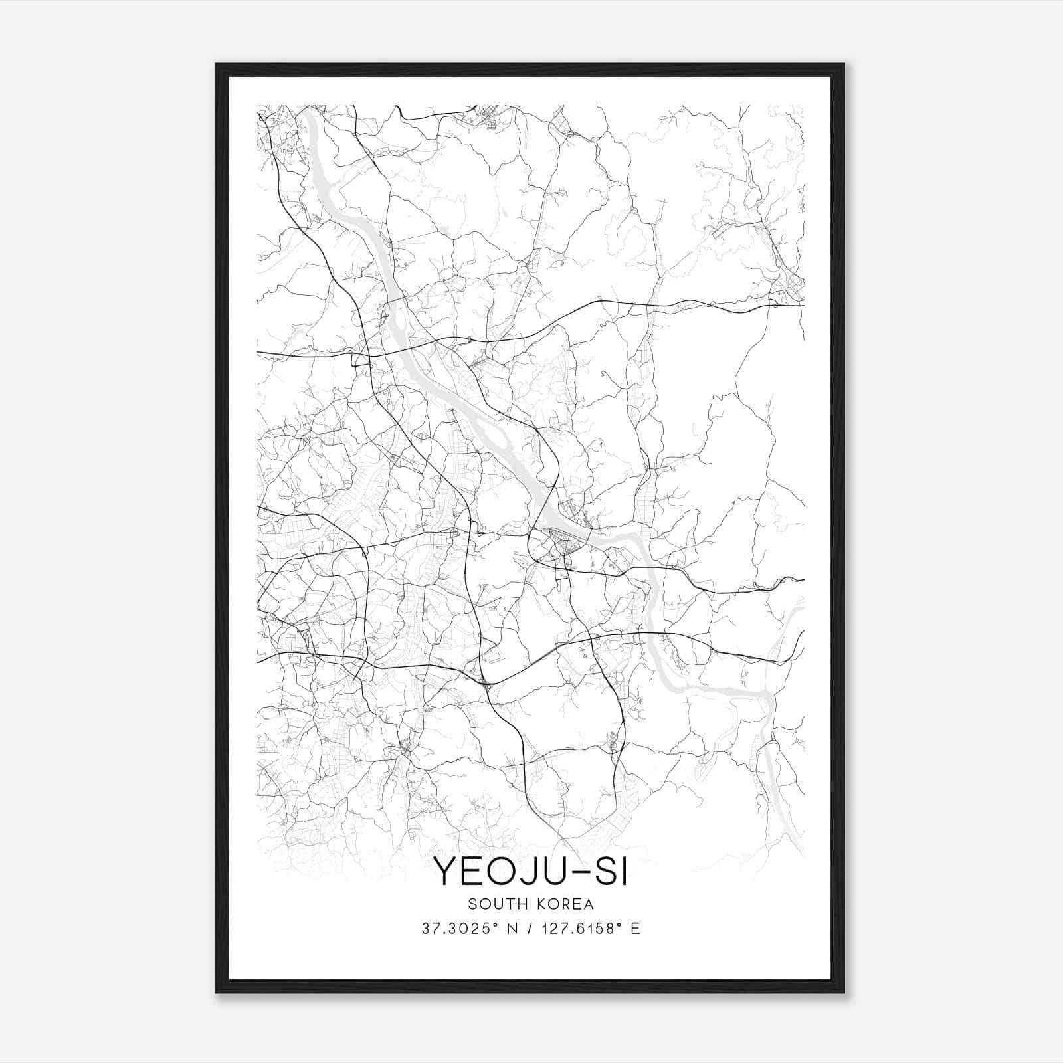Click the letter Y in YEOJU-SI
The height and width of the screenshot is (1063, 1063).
point(446,871)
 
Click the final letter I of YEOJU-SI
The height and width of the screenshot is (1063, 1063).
point(623,871)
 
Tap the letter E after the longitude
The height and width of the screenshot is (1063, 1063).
point(636,929)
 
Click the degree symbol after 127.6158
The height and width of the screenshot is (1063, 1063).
point(621,925)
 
